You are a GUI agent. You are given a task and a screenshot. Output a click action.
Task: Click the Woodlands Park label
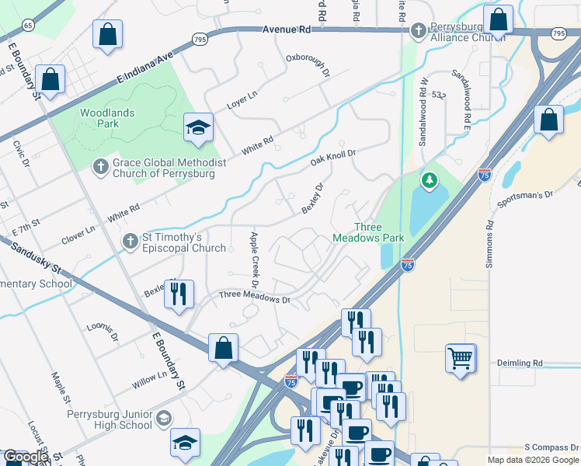pos(107,118)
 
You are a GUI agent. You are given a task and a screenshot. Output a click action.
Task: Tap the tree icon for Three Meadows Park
pos(428,181)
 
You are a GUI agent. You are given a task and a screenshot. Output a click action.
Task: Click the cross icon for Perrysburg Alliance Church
pos(419,31)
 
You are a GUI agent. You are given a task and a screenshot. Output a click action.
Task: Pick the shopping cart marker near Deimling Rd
pos(461,358)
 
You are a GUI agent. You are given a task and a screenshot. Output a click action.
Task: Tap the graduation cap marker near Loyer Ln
pos(198,127)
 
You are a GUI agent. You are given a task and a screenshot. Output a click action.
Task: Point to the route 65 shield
pos(29,26)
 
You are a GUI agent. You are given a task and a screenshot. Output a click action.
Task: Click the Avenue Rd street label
pos(286,29)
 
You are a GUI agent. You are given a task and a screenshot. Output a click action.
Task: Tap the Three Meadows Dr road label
pos(254,297)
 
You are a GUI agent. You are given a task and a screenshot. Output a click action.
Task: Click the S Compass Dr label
pos(551,447)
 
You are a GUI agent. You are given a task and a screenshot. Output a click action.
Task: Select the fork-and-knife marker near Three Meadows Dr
pos(179,294)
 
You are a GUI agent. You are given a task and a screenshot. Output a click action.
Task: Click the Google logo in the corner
pos(26,457)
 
